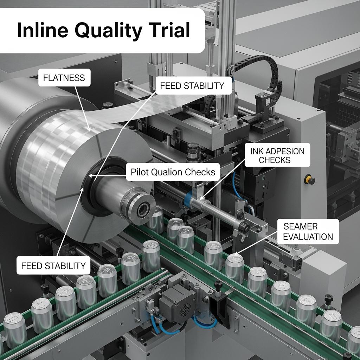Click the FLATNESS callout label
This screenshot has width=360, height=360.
64,78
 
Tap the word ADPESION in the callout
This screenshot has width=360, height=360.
283,151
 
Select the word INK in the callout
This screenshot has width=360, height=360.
256,151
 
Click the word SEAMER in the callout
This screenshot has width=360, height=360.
300,226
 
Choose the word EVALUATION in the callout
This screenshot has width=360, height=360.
308,237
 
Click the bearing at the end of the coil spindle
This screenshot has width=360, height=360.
143,210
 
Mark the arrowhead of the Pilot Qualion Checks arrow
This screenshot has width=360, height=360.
91,175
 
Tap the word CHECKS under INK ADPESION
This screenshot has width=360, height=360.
275,160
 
